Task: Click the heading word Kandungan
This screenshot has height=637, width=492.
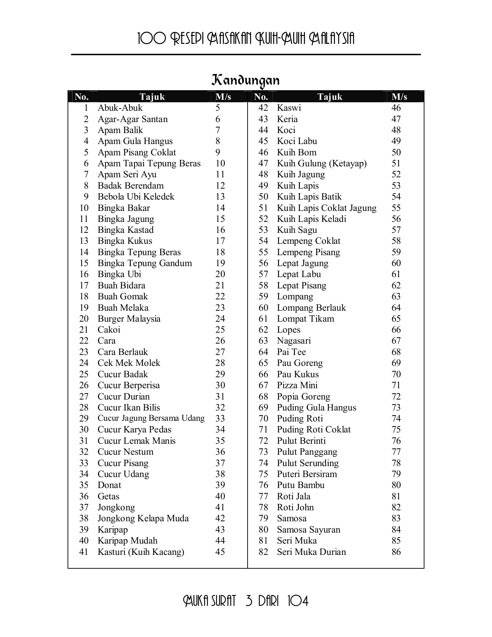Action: [245, 81]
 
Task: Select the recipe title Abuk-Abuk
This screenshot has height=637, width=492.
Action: [120, 108]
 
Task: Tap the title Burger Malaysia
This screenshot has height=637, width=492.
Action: [129, 319]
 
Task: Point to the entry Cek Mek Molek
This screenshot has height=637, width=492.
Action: [129, 363]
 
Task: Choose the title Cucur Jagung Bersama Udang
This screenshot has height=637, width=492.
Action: [151, 418]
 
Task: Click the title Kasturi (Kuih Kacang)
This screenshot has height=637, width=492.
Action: [141, 552]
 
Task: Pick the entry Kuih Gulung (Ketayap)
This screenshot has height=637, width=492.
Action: [322, 163]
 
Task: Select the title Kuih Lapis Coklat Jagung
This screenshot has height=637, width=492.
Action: [326, 208]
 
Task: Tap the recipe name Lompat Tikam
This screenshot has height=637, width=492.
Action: [305, 319]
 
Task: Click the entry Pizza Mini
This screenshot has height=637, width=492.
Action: [297, 385]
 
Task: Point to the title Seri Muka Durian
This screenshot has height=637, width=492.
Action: [311, 552]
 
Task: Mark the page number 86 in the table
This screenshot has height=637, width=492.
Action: [396, 552]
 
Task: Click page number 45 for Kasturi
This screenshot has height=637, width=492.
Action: [220, 552]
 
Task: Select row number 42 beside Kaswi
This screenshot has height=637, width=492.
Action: [263, 108]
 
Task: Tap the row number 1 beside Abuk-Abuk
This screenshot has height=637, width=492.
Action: [86, 108]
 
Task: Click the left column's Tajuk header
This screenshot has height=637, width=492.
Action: [152, 97]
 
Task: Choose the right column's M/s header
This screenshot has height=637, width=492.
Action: [399, 97]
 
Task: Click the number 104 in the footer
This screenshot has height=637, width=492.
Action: [298, 601]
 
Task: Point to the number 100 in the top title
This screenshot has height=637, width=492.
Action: [151, 39]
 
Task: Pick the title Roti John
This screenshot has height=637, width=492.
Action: [295, 507]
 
